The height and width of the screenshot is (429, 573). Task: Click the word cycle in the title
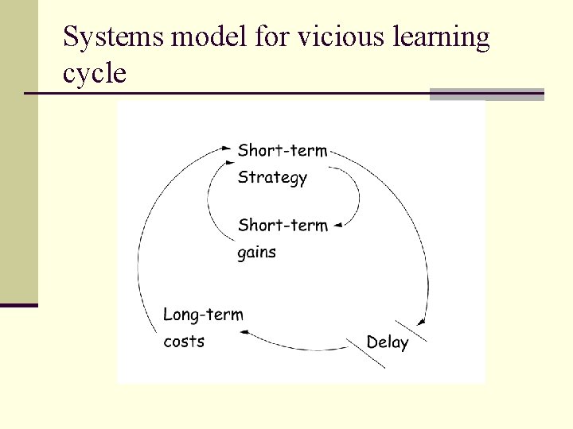[x=94, y=75]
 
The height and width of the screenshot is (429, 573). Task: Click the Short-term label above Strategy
[x=283, y=150]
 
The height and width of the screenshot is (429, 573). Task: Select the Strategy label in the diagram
[x=272, y=178]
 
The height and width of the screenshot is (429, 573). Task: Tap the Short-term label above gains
[x=283, y=225]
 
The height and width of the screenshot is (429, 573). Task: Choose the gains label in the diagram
[x=256, y=253]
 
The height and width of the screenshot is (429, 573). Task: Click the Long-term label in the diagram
[x=203, y=315]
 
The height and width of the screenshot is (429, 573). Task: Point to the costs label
[x=184, y=342]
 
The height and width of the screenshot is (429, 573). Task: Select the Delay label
[x=388, y=342]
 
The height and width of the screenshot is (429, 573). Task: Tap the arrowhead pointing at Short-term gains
[x=337, y=226]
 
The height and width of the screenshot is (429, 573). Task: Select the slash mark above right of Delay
[x=411, y=329]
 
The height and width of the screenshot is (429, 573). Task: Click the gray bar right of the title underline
[x=486, y=95]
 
